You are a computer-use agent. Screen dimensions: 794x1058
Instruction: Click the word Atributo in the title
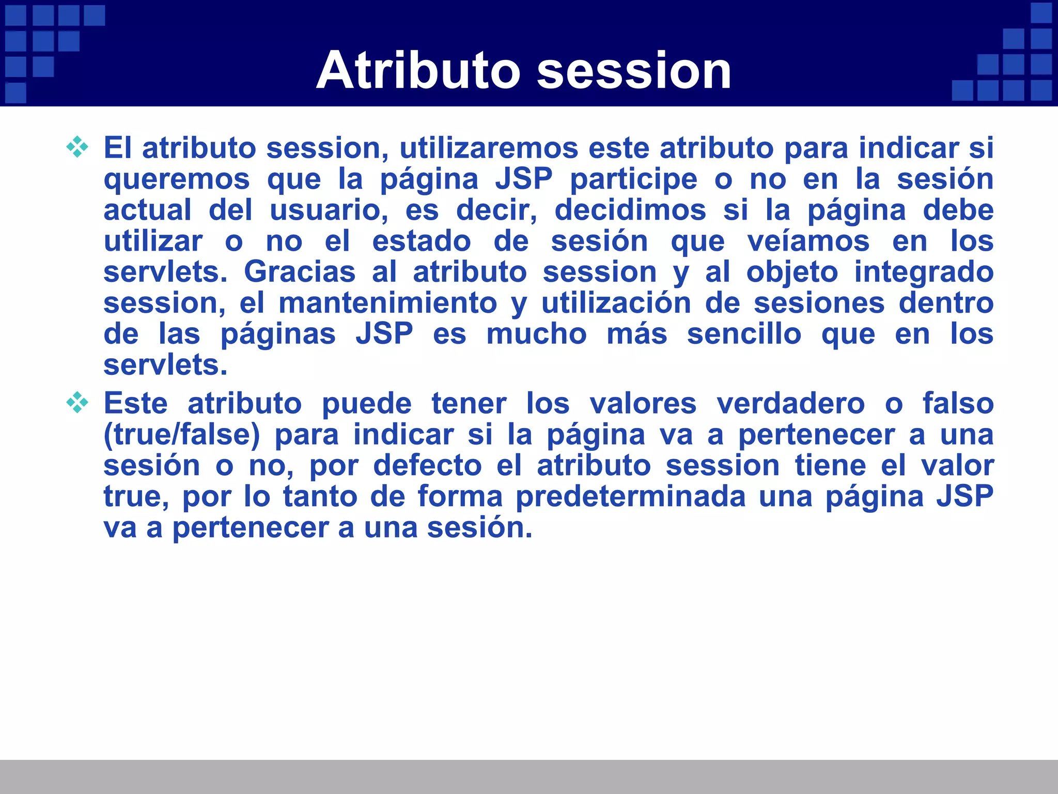tap(418, 71)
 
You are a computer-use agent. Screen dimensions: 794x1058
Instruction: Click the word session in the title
tap(634, 71)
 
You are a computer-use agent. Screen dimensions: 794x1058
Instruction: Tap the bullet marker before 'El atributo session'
tap(77, 147)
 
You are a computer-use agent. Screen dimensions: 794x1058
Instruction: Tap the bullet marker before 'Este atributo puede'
tap(77, 403)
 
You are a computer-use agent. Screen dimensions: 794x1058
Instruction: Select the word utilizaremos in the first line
tap(489, 148)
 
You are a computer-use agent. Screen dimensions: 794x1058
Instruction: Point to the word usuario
tap(329, 210)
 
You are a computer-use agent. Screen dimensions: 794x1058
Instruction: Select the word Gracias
tap(300, 272)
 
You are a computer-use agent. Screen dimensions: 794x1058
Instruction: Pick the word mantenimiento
tap(387, 303)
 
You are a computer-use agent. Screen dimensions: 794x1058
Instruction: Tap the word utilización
tap(616, 303)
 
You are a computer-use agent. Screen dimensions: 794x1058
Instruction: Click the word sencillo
tap(744, 334)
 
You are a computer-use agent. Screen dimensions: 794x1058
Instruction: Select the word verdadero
tap(790, 404)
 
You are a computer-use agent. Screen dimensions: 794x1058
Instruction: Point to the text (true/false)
tap(182, 435)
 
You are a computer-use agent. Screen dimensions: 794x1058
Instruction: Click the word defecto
tap(428, 466)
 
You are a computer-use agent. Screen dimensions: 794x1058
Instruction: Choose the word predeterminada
tap(631, 497)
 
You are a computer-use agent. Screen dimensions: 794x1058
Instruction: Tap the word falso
tap(958, 404)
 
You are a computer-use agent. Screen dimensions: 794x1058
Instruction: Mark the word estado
tap(422, 241)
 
